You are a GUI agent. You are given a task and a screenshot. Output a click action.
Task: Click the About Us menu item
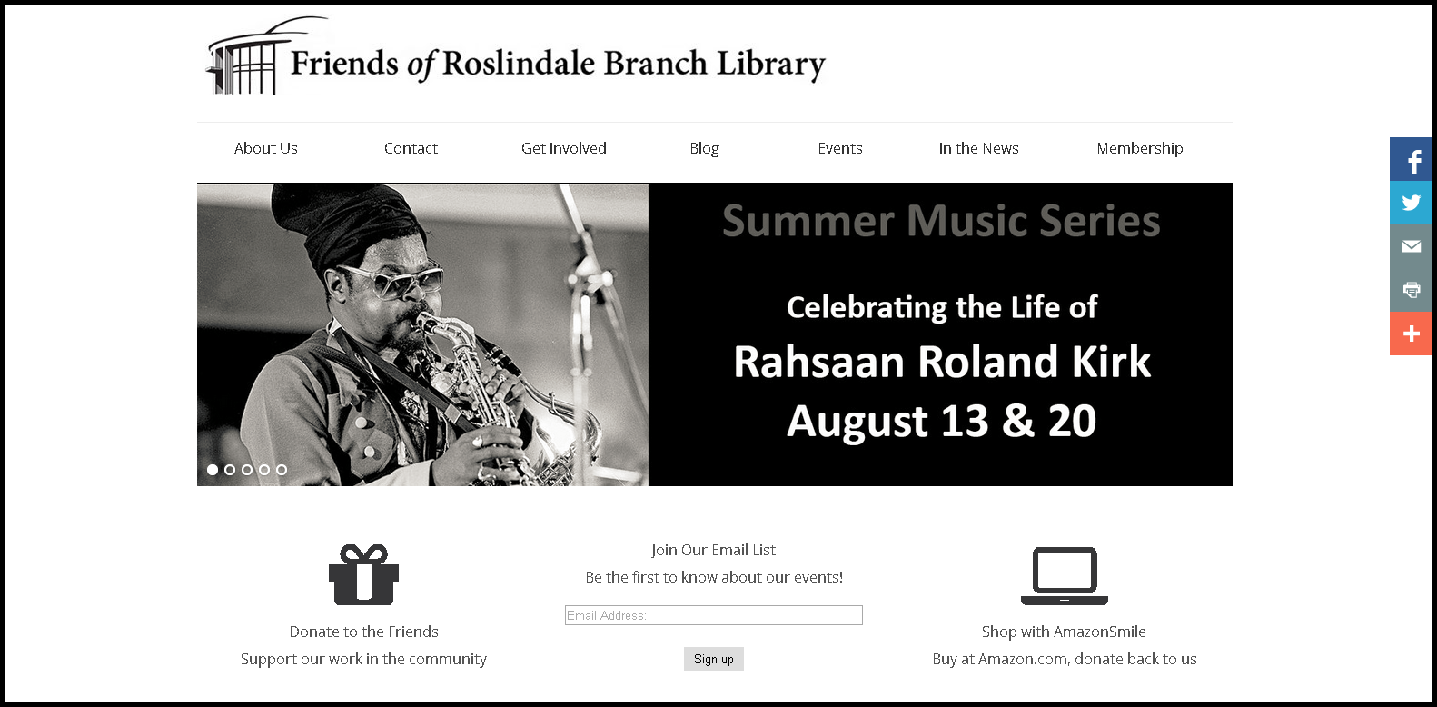point(265,148)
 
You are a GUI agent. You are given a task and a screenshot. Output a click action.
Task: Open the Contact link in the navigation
point(411,148)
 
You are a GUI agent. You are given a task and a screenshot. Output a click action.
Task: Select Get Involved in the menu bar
point(563,148)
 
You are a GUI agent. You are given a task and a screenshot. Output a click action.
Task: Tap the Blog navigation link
point(704,149)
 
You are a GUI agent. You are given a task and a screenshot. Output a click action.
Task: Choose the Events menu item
point(839,148)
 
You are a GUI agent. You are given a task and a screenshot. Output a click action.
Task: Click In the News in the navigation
point(978,148)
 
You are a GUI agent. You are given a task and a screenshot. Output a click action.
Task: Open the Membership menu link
point(1139,148)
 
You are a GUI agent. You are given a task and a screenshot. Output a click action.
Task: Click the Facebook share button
point(1411,159)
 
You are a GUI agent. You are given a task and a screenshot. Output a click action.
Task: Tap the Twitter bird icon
point(1411,203)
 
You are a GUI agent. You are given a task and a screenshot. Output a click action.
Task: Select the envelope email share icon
point(1411,246)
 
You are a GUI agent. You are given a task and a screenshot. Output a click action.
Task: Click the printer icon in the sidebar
point(1411,290)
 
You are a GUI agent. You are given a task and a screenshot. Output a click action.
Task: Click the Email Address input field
point(713,615)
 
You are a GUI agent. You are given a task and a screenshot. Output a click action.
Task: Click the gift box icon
point(363,575)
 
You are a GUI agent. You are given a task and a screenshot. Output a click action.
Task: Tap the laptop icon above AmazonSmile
point(1065,575)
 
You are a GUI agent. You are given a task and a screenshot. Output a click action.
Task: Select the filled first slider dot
point(213,470)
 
